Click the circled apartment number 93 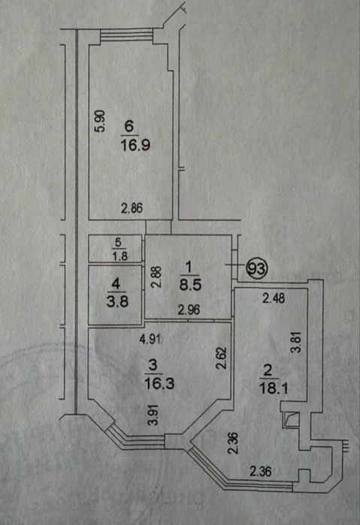(x=257, y=269)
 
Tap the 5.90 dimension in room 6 (x=100, y=121)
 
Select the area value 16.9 (x=135, y=145)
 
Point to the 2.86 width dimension (x=132, y=208)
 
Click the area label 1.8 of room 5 (x=120, y=256)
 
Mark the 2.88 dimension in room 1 (x=156, y=277)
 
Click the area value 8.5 (x=190, y=285)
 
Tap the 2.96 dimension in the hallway (x=189, y=310)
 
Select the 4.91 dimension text (x=150, y=339)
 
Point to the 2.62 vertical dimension (x=222, y=358)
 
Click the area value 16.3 (x=159, y=383)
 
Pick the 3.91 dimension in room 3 (x=153, y=415)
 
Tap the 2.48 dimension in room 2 (x=274, y=298)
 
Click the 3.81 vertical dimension (x=296, y=342)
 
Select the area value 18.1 (x=274, y=388)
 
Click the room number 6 (x=129, y=127)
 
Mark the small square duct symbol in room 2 (x=291, y=420)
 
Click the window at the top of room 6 (x=127, y=36)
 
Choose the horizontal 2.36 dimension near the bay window (x=261, y=472)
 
